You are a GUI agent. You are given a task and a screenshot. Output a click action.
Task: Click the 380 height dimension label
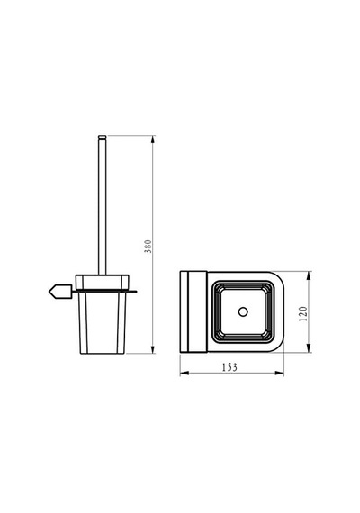point(148,246)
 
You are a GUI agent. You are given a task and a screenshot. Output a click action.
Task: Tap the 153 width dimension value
point(229,367)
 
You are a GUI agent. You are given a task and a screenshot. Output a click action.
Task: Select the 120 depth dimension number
point(303,313)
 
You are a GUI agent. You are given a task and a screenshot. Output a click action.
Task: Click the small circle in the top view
point(243,311)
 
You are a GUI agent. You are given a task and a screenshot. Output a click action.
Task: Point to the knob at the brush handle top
point(102,137)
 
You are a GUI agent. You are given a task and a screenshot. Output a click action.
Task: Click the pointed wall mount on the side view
point(60,292)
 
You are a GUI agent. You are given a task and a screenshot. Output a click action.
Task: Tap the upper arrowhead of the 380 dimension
point(153,139)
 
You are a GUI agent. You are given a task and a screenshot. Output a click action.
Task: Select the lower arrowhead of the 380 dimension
point(153,349)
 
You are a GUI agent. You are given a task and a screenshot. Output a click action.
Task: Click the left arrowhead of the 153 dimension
point(184,373)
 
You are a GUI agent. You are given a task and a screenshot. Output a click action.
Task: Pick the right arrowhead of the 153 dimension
point(280,373)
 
